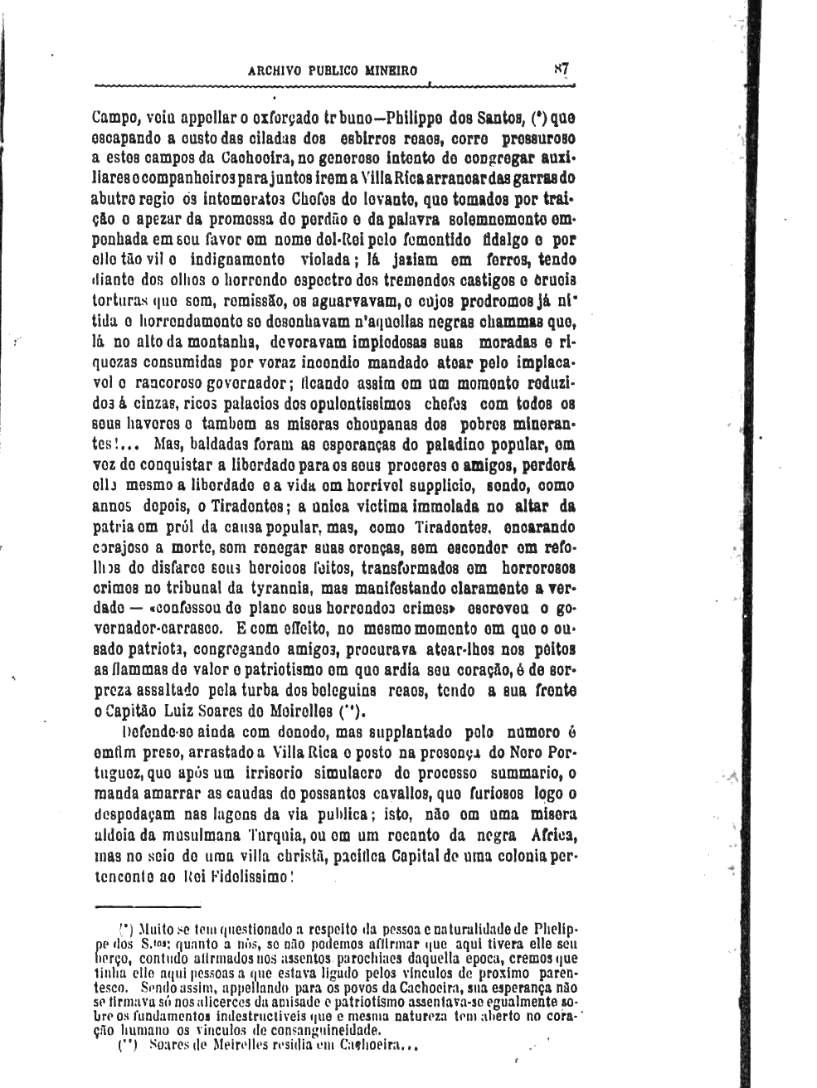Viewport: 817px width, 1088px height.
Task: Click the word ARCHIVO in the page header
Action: click(277, 70)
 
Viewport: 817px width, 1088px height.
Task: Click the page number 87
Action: click(561, 69)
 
